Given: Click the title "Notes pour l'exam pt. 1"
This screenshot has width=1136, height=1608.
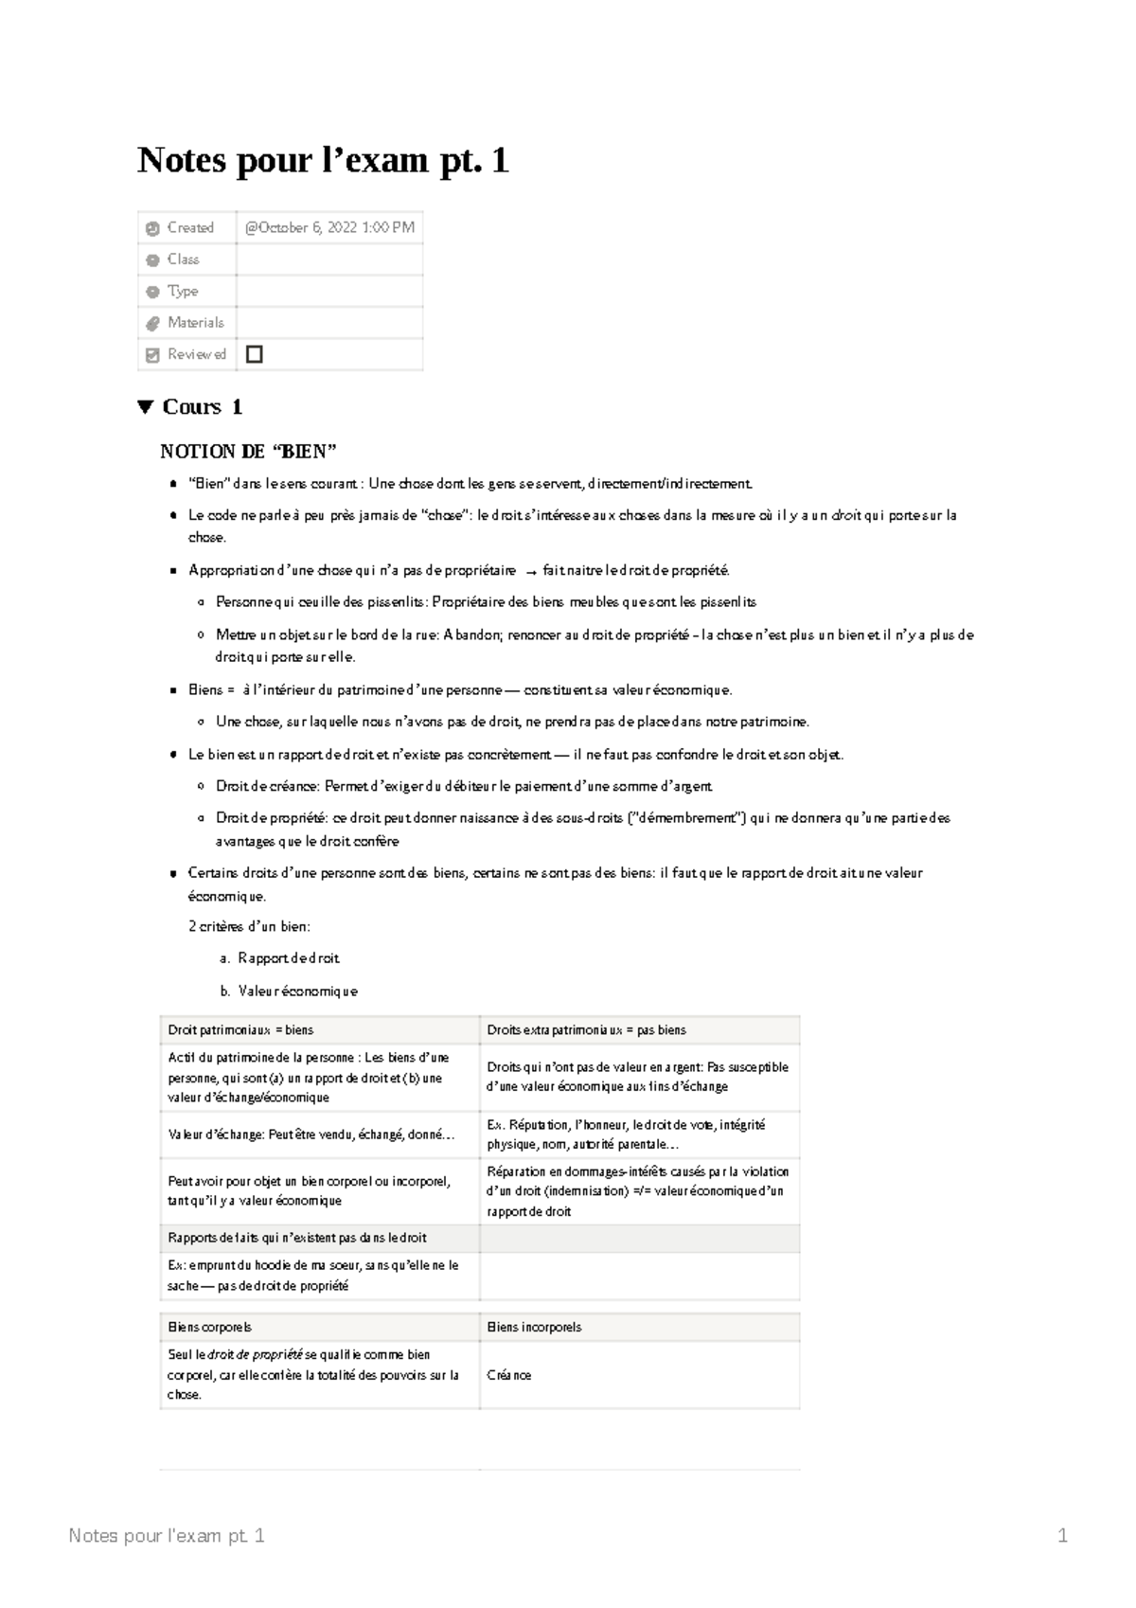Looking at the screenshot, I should coord(323,161).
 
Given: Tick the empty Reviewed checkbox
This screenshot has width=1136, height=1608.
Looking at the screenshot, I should coord(254,354).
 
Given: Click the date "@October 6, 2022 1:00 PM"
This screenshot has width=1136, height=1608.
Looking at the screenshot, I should coord(329,227).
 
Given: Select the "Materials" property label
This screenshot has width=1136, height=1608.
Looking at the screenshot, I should coord(195,323).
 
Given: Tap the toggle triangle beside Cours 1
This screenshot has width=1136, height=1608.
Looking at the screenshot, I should coord(145,407).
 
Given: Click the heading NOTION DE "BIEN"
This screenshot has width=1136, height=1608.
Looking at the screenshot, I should coord(248,451).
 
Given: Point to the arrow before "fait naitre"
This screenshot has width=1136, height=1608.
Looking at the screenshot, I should coord(530,571).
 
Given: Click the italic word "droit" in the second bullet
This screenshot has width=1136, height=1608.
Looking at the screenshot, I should coord(844,516).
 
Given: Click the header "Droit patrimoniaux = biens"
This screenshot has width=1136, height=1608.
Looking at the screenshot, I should coord(240,1029).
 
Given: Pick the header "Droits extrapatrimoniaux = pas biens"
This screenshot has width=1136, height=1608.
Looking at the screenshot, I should coord(586,1029).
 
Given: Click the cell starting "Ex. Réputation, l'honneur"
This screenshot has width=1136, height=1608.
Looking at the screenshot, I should coord(626,1135).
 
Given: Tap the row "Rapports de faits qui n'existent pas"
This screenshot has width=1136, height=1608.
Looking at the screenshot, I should coord(296,1238).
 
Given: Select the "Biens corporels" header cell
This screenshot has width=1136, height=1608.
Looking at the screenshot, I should coord(209,1327).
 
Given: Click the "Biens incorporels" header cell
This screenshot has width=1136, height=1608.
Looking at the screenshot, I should coord(534,1327).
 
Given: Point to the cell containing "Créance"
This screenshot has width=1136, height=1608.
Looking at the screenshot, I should coord(509,1375).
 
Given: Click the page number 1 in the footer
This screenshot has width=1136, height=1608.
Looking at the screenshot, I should coord(1062,1536).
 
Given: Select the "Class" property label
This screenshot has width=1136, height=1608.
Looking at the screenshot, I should coord(183,259).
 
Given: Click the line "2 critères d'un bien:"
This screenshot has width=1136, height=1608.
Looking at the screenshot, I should coord(249,926).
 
